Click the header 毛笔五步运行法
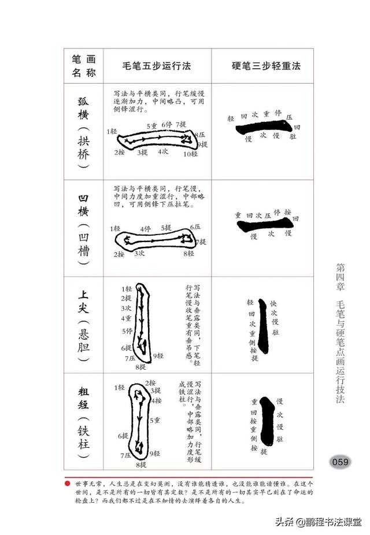(157, 66)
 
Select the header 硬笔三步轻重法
(263, 66)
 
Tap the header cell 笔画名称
(84, 66)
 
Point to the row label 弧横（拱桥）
(84, 131)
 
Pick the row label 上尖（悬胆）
(84, 325)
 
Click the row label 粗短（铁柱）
(84, 422)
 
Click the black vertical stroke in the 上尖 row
(263, 326)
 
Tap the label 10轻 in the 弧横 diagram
(190, 154)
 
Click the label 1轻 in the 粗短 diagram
(120, 387)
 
